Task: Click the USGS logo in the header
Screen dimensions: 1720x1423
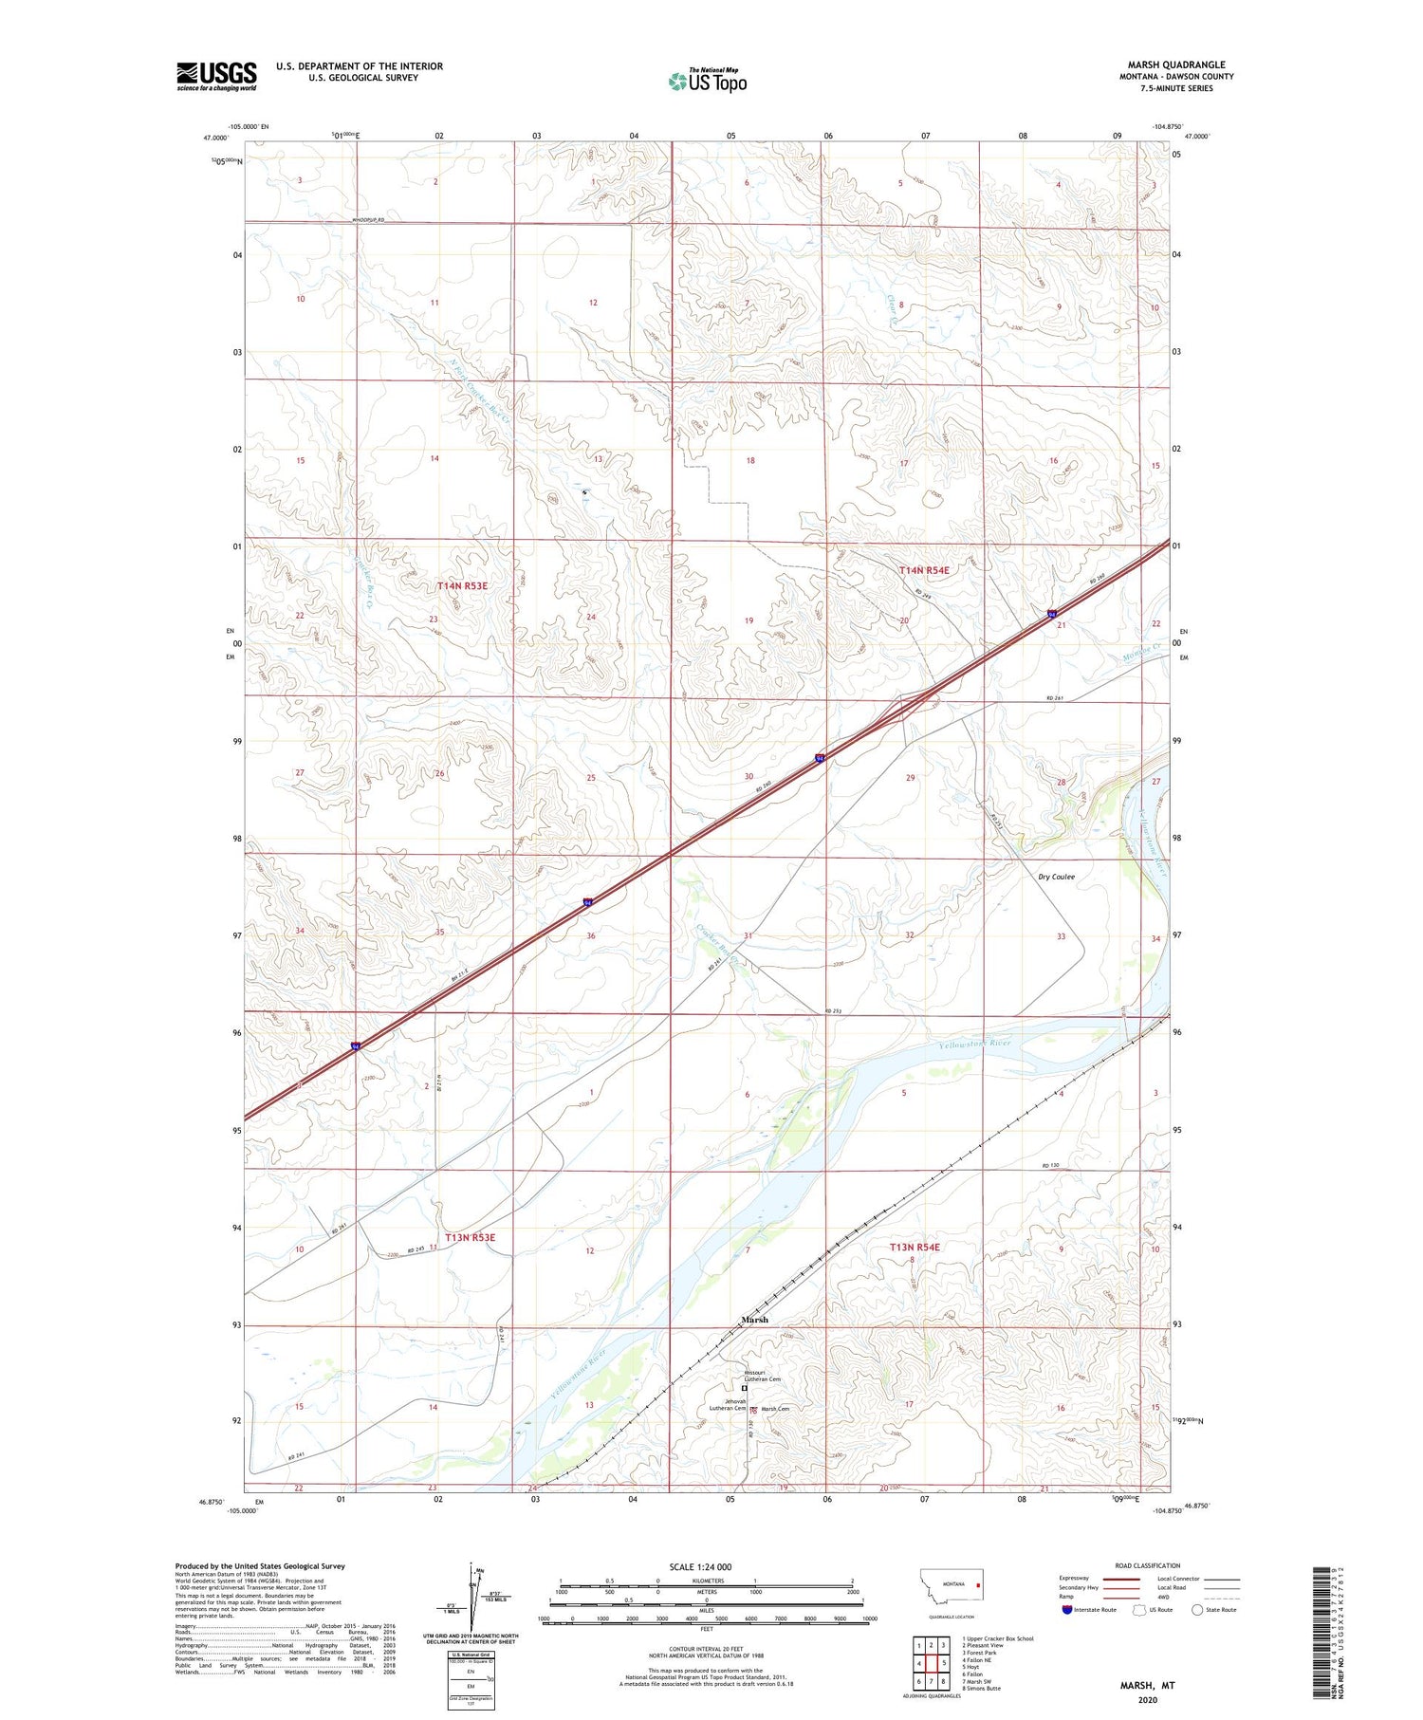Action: (216, 76)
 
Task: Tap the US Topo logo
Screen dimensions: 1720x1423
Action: (707, 82)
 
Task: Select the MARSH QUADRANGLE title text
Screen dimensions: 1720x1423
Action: (1175, 65)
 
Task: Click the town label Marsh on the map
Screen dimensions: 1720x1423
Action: (754, 1319)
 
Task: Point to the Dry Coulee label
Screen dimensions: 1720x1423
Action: (1056, 877)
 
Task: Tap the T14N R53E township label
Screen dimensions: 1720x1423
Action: (462, 586)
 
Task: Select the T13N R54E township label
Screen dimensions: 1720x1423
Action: (915, 1247)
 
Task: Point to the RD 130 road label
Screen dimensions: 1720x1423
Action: (1049, 1165)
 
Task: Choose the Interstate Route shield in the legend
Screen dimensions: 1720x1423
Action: (1067, 1610)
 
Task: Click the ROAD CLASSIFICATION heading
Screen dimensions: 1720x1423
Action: (1148, 1565)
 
